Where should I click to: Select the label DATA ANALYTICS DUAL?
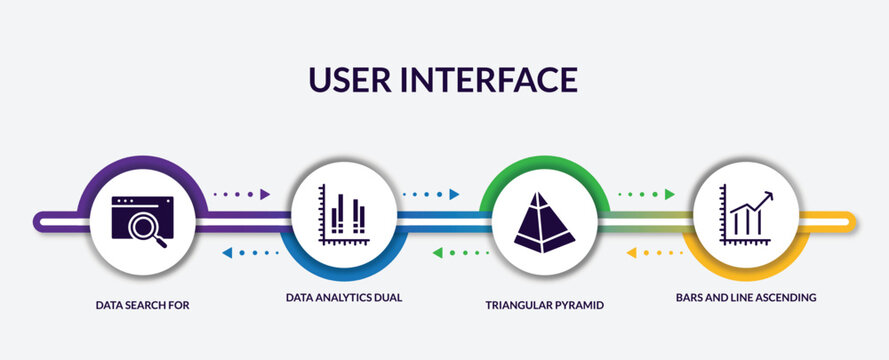tap(344, 298)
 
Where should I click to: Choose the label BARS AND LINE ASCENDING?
tap(746, 298)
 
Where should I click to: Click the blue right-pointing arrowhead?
tap(454, 194)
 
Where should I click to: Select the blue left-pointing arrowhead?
tap(226, 252)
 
